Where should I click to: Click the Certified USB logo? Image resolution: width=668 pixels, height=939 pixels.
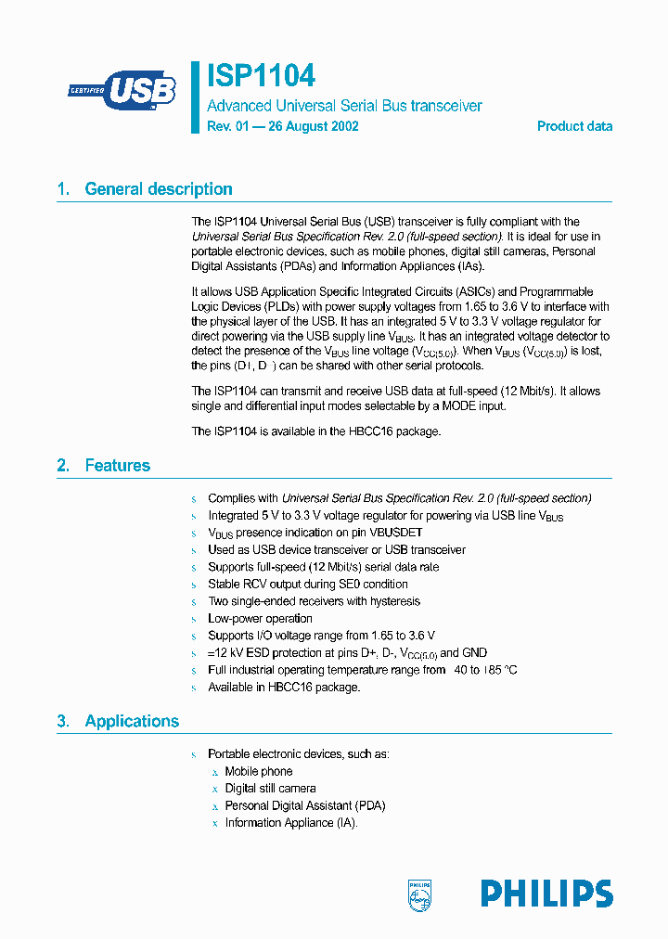click(122, 91)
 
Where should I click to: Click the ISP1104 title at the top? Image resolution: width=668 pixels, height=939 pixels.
click(261, 75)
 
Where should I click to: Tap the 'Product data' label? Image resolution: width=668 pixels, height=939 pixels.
click(574, 126)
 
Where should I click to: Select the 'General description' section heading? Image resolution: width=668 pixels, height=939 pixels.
click(159, 189)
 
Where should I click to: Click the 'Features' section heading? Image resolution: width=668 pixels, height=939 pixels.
click(117, 466)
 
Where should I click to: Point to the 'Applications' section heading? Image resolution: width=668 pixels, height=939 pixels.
click(132, 721)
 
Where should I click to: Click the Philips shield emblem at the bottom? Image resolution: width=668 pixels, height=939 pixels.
click(420, 894)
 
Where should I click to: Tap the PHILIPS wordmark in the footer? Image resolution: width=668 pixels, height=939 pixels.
click(546, 894)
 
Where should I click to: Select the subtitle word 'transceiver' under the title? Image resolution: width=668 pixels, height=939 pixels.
click(444, 106)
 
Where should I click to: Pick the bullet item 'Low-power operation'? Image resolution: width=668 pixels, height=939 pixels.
click(260, 618)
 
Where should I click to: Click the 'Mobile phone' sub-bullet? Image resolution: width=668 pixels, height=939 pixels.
click(258, 771)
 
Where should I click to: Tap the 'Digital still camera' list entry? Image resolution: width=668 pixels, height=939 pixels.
click(270, 788)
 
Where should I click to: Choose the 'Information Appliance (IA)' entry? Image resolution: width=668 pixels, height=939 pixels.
click(290, 822)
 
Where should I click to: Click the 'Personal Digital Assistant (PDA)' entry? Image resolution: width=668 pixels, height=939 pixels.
click(304, 805)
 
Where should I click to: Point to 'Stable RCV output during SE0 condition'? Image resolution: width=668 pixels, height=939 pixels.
click(307, 584)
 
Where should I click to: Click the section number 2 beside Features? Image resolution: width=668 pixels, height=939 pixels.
click(62, 466)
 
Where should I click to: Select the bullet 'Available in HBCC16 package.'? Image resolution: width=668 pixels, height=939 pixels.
click(283, 687)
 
